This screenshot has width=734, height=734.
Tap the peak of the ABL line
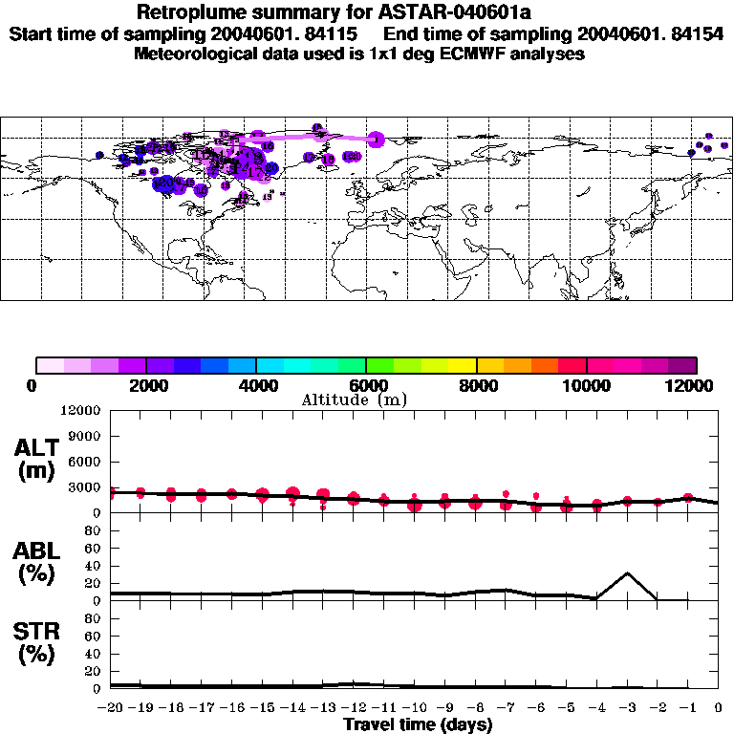tap(627, 573)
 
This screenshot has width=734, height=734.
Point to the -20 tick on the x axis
tap(111, 708)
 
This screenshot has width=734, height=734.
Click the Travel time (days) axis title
tap(418, 724)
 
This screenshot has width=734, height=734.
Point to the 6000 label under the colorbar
tap(366, 385)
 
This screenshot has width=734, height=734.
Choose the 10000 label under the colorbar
tap(586, 385)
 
